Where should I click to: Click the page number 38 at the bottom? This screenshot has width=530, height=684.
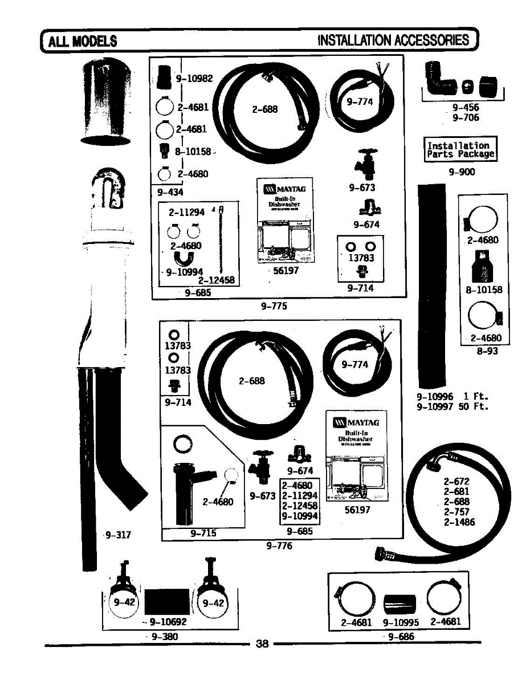[x=262, y=644]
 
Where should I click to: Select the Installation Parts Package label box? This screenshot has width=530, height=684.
[x=460, y=150]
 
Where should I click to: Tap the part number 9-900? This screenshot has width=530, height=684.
[x=462, y=172]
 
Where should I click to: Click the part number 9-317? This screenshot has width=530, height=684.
[x=119, y=535]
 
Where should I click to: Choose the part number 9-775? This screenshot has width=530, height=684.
[x=274, y=306]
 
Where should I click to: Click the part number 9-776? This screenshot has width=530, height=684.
[x=279, y=546]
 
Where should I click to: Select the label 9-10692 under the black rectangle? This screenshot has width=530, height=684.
[x=168, y=622]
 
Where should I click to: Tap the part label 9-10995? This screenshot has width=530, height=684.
[x=401, y=622]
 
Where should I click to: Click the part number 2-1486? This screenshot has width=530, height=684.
[x=459, y=522]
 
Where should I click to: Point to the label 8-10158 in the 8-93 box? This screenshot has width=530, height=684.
[x=484, y=290]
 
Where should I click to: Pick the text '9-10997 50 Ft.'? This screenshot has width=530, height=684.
[x=452, y=406]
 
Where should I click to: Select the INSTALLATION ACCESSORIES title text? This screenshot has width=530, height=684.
[x=394, y=40]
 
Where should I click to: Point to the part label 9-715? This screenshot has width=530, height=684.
[x=203, y=534]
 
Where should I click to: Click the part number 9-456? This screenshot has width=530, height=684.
[x=466, y=107]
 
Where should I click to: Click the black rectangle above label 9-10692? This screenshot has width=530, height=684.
[x=167, y=602]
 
